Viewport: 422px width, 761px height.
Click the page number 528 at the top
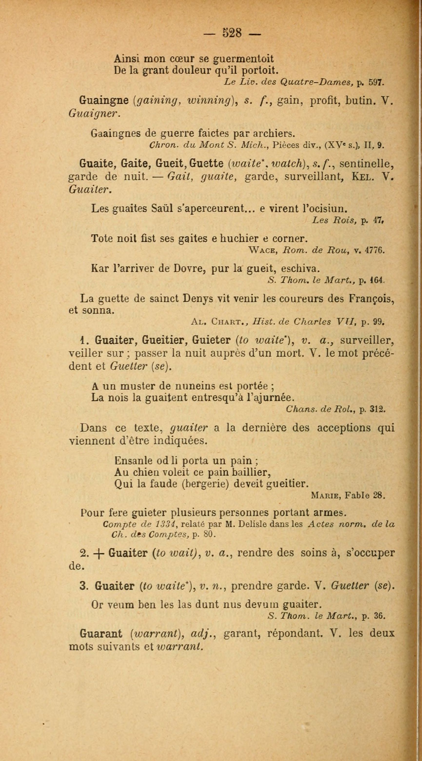[x=232, y=33]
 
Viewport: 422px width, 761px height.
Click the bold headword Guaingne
[x=104, y=101]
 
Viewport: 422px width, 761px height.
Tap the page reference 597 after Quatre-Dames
[x=376, y=82]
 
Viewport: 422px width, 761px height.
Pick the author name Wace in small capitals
[x=263, y=250]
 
